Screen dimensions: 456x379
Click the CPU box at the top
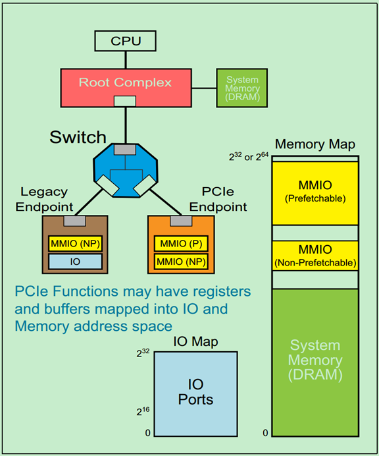click(x=125, y=42)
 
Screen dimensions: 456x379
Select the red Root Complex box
click(x=125, y=84)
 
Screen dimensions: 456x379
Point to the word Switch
click(x=78, y=137)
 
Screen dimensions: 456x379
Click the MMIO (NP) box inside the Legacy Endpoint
click(x=75, y=243)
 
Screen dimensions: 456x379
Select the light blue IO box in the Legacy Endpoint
click(x=75, y=262)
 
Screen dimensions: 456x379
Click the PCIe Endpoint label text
click(x=222, y=199)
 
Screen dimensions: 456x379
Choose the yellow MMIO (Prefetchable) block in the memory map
click(x=315, y=192)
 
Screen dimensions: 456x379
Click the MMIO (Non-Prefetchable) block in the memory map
click(x=315, y=256)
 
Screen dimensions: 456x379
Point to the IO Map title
click(x=195, y=341)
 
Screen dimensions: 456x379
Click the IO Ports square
click(x=195, y=392)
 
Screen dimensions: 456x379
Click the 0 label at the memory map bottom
click(x=265, y=433)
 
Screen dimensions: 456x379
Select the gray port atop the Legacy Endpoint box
click(x=75, y=220)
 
